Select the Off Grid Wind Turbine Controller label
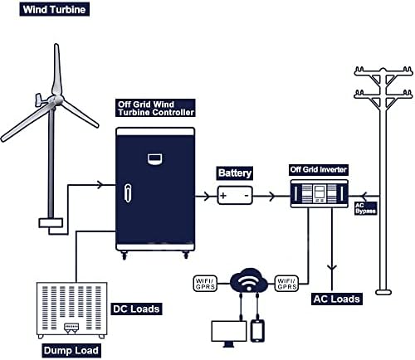(156, 108)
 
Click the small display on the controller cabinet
(155, 158)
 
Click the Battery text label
(234, 173)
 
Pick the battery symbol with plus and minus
(234, 196)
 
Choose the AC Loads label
(335, 298)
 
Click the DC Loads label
(136, 309)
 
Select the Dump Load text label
(71, 351)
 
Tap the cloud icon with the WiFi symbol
(246, 282)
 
